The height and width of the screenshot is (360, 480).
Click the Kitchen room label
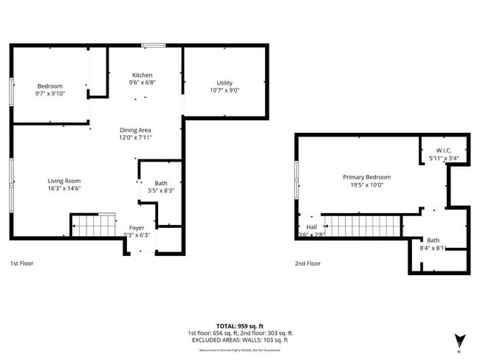pyautogui.click(x=143, y=75)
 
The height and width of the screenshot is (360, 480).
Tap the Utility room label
pyautogui.click(x=224, y=83)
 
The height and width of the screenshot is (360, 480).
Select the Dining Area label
pyautogui.click(x=135, y=130)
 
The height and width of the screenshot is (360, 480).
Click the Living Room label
pyautogui.click(x=64, y=181)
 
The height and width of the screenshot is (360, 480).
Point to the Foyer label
pyautogui.click(x=137, y=227)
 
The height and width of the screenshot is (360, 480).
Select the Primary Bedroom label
pyautogui.click(x=366, y=177)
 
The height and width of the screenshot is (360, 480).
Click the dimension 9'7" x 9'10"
pyautogui.click(x=49, y=94)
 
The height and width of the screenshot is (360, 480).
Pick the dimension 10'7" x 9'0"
pyautogui.click(x=224, y=91)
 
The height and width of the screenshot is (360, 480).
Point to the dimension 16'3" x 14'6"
pyautogui.click(x=64, y=189)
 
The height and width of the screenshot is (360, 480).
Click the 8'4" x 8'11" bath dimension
pyautogui.click(x=433, y=248)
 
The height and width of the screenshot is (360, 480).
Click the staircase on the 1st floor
pyautogui.click(x=93, y=225)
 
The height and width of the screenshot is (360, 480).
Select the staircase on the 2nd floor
pyautogui.click(x=361, y=226)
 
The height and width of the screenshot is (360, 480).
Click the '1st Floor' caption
pyautogui.click(x=21, y=263)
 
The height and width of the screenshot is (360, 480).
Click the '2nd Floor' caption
pyautogui.click(x=308, y=263)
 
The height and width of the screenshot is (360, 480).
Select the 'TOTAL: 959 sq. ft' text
pyautogui.click(x=239, y=325)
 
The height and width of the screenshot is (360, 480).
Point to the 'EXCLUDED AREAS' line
pyautogui.click(x=239, y=340)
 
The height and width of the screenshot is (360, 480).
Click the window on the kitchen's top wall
pyautogui.click(x=154, y=46)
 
